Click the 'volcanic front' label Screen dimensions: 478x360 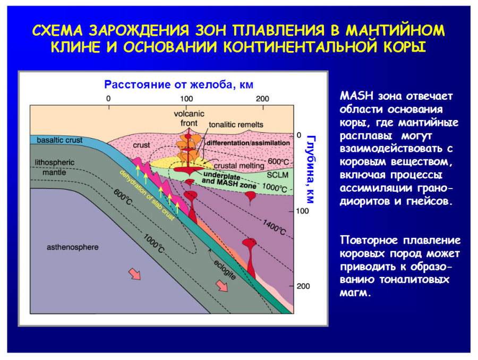(189, 118)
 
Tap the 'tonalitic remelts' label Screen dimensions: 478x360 (236, 125)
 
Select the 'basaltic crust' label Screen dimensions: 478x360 (59, 140)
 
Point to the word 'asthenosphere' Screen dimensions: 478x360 (73, 247)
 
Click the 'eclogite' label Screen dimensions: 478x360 (225, 269)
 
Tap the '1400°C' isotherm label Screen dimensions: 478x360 (274, 227)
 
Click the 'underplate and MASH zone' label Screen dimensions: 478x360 (229, 180)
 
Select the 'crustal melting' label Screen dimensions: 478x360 (239, 166)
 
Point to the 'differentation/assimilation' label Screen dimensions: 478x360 (248, 143)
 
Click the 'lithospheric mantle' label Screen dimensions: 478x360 (55, 167)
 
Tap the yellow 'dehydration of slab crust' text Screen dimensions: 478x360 (147, 195)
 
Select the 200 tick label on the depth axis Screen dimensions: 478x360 (303, 286)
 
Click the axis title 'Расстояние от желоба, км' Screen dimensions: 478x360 (178, 84)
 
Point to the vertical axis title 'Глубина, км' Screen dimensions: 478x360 (310, 169)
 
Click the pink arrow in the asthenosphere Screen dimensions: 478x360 (134, 274)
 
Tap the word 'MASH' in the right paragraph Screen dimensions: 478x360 (357, 96)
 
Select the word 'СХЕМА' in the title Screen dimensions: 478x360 (57, 30)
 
